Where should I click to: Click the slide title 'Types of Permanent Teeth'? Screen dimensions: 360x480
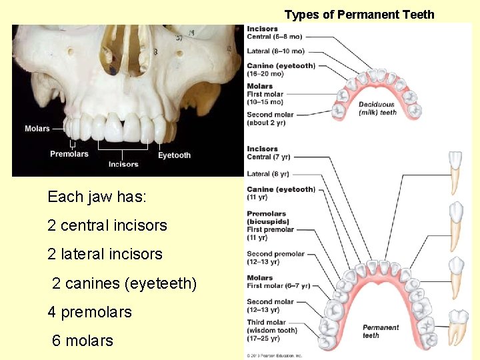tap(359, 14)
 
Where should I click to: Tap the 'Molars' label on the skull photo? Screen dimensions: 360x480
tap(37, 129)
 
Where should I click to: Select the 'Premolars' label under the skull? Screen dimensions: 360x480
tap(69, 154)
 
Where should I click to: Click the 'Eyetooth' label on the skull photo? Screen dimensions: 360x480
tap(174, 155)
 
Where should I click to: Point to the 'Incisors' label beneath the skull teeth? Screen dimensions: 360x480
tap(123, 164)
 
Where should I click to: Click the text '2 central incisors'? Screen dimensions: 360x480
tap(107, 225)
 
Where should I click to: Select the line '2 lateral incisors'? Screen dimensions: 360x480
tap(105, 254)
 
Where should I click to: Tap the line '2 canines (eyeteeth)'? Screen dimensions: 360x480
tap(124, 283)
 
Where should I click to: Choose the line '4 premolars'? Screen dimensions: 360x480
tap(89, 312)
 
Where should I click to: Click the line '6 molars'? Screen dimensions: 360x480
tap(83, 341)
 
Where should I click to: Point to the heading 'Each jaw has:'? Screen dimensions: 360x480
tap(97, 197)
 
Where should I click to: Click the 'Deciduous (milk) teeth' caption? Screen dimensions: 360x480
tap(377, 109)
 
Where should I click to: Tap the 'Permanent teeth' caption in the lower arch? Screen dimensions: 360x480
tap(381, 331)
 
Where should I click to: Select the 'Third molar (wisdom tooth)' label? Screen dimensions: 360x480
tap(271, 327)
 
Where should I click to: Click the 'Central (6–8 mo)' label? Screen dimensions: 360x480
tap(274, 37)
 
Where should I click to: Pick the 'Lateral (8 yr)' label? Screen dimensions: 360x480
tap(268, 174)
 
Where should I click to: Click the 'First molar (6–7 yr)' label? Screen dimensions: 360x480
tap(278, 286)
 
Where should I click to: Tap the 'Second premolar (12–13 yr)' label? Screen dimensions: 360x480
tap(275, 258)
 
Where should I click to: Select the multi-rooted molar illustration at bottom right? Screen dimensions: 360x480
tap(459, 327)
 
